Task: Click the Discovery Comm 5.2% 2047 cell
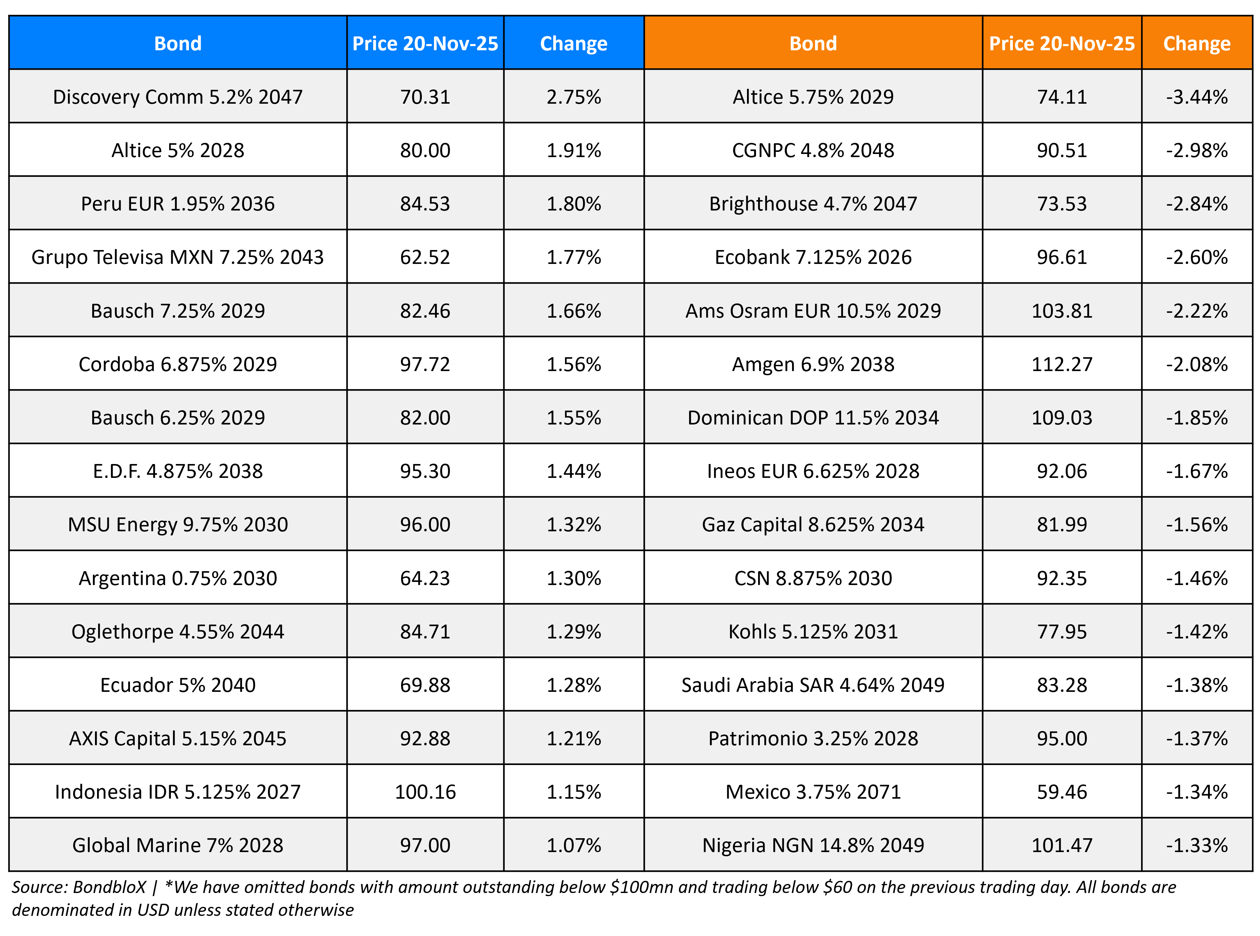(178, 97)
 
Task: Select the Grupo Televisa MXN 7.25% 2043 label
(178, 257)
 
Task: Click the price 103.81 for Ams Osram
(1061, 310)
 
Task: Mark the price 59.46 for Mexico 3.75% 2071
(1061, 791)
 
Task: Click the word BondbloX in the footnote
(109, 887)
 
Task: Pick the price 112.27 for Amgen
(1061, 364)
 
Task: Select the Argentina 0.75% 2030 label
(178, 578)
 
